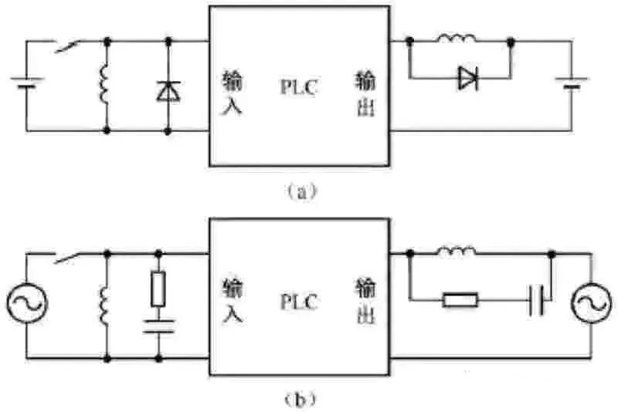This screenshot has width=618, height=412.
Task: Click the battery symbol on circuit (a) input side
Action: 27,83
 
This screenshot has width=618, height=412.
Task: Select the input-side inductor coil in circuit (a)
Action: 104,85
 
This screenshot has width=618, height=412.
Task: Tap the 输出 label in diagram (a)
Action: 366,93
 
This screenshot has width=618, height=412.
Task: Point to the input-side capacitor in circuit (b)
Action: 158,328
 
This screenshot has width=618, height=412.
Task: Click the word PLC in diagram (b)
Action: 298,302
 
